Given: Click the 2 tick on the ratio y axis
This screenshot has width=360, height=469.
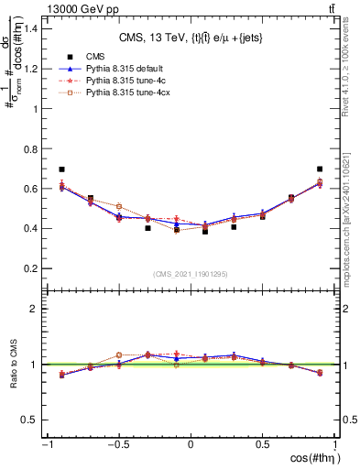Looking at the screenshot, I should (x=37, y=309).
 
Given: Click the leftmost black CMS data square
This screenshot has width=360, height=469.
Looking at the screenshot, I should (x=61, y=169).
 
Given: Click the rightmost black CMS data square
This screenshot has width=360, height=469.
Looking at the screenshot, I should (x=320, y=169).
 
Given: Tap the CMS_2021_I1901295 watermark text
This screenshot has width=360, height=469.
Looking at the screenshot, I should (x=190, y=274).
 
